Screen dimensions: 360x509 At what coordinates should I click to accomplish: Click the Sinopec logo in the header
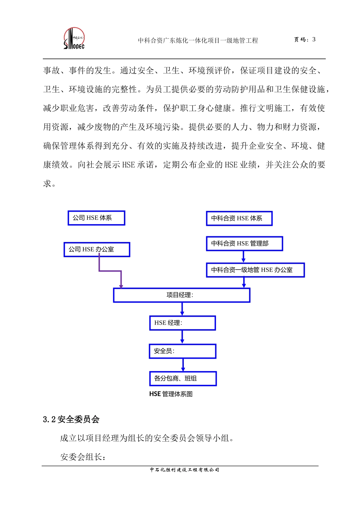pyautogui.click(x=74, y=38)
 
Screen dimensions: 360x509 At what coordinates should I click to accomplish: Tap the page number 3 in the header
pyautogui.click(x=314, y=39)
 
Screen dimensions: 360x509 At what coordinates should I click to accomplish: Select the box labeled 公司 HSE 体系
pyautogui.click(x=96, y=218)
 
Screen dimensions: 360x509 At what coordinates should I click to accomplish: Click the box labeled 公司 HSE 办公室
pyautogui.click(x=97, y=250)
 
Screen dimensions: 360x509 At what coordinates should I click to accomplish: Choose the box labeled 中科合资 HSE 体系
pyautogui.click(x=239, y=219)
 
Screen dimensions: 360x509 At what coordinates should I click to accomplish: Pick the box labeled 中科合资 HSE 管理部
pyautogui.click(x=244, y=244)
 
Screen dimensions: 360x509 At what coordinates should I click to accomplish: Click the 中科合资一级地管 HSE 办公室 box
pyautogui.click(x=255, y=270)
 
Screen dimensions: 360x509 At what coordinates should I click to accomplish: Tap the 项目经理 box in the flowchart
pyautogui.click(x=182, y=295)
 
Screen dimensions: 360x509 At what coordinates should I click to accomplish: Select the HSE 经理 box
pyautogui.click(x=182, y=323)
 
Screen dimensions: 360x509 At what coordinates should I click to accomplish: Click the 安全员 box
pyautogui.click(x=182, y=351)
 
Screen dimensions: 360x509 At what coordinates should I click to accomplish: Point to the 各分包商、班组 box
pyautogui.click(x=183, y=378)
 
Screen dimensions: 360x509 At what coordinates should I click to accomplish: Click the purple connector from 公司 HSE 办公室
pyautogui.click(x=110, y=271)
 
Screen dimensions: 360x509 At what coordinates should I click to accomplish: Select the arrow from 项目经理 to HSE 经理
pyautogui.click(x=182, y=309)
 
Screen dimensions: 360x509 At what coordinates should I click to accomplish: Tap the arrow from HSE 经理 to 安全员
pyautogui.click(x=182, y=337)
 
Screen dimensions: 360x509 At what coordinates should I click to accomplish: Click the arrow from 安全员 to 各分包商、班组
pyautogui.click(x=183, y=365)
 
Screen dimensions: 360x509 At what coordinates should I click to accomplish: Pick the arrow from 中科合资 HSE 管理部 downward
pyautogui.click(x=243, y=257)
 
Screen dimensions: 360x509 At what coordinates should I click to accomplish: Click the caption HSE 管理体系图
pyautogui.click(x=171, y=394)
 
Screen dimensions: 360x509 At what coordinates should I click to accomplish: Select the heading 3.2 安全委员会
pyautogui.click(x=71, y=419)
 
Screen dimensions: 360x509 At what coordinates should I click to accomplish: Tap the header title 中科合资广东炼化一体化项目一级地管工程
pyautogui.click(x=198, y=41)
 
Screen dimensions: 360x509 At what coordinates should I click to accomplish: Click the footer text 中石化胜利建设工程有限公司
pyautogui.click(x=185, y=470)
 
